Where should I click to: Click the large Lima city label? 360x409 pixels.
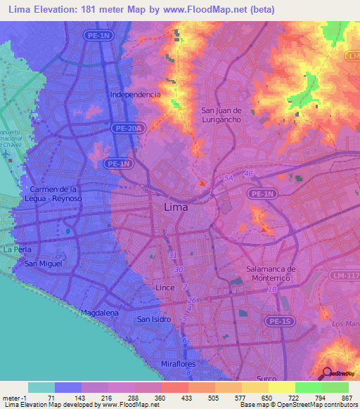pyautogui.click(x=179, y=207)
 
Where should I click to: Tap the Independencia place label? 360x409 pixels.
pyautogui.click(x=136, y=94)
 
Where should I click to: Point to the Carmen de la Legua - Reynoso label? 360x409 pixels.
pyautogui.click(x=56, y=194)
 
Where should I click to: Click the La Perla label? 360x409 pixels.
pyautogui.click(x=16, y=249)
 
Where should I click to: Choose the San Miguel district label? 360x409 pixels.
pyautogui.click(x=44, y=264)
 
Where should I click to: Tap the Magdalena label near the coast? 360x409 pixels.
pyautogui.click(x=98, y=311)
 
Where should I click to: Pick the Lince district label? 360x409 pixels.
pyautogui.click(x=164, y=288)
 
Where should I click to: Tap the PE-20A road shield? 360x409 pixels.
pyautogui.click(x=131, y=128)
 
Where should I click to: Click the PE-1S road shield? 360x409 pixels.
pyautogui.click(x=264, y=323)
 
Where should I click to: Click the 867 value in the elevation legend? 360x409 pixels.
pyautogui.click(x=347, y=397)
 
